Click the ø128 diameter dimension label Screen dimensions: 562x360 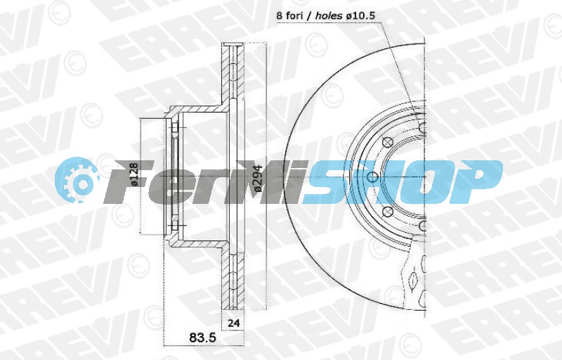point(134,174)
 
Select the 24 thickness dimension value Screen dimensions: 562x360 point(234,323)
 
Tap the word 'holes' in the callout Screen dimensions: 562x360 point(329,16)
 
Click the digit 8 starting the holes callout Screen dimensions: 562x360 point(279,16)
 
